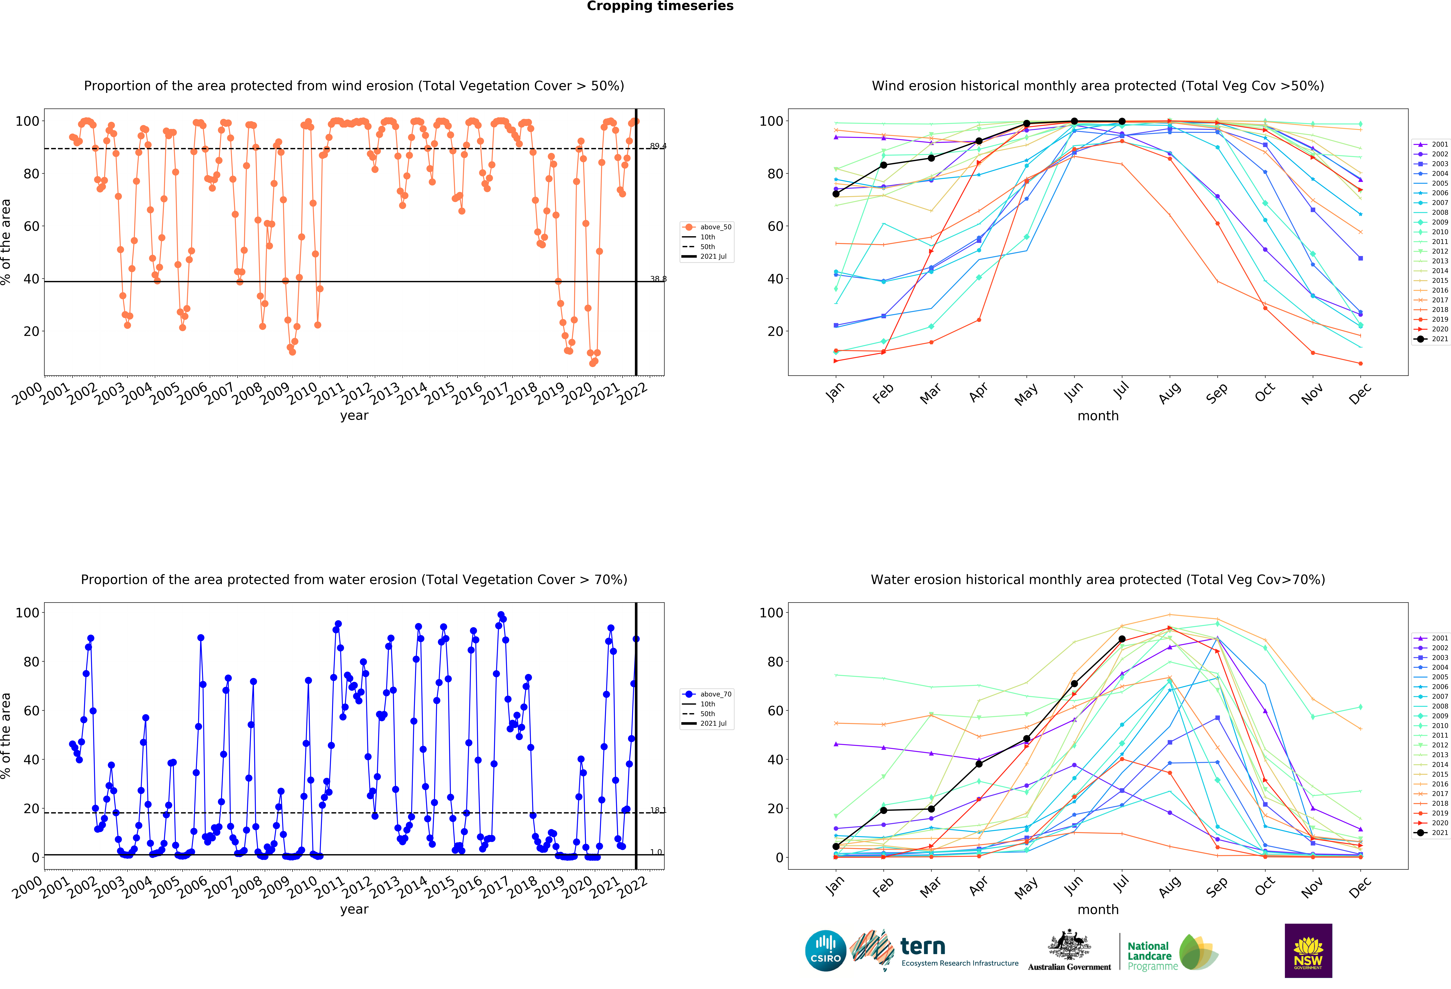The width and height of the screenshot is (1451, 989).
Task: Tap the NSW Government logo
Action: click(1308, 950)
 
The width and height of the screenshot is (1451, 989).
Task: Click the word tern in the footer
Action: click(923, 947)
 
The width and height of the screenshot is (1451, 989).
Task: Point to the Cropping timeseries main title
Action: click(660, 6)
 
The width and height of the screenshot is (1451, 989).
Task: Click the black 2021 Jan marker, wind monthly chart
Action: click(836, 194)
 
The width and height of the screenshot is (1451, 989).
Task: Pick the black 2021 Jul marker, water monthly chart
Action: click(1122, 639)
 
